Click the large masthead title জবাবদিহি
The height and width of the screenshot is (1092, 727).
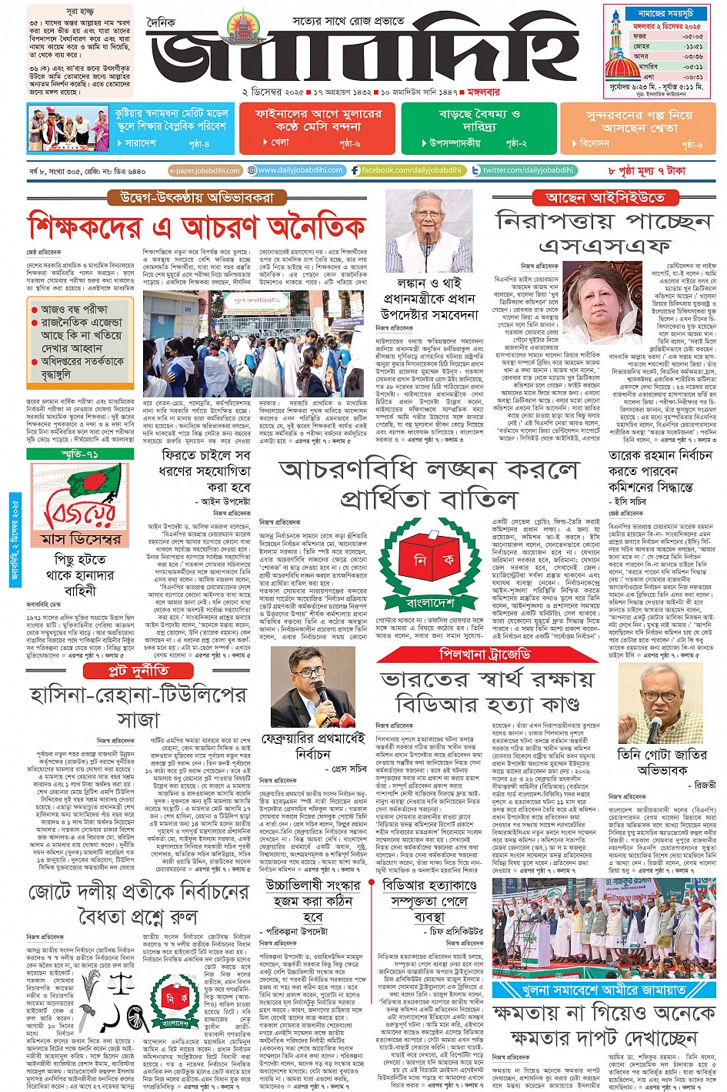(x=362, y=54)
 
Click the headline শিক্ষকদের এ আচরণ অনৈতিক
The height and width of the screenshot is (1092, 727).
(x=197, y=228)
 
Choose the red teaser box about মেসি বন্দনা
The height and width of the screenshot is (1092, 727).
(x=318, y=128)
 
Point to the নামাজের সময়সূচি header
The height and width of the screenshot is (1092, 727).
(x=665, y=13)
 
